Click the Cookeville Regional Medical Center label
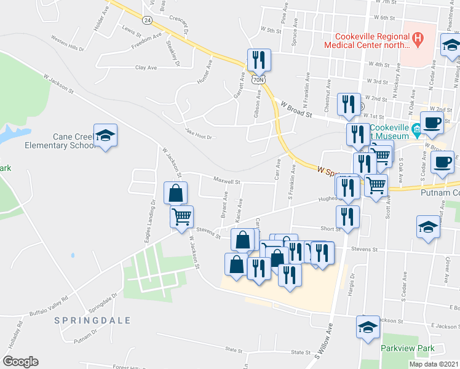tap(367, 40)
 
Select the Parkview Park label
tap(407, 348)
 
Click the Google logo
tap(20, 362)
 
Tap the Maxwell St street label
tap(226, 181)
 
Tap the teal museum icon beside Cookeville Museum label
tap(416, 129)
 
